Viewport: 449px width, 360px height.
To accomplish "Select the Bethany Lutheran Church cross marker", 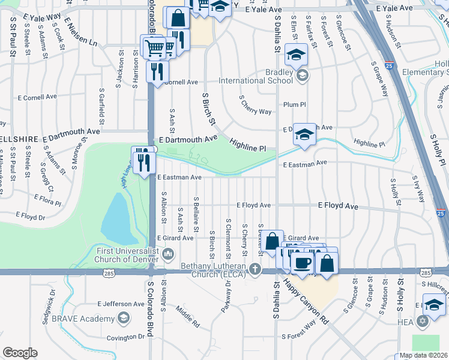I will tap(256, 268).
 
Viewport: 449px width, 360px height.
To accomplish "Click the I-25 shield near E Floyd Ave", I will tap(441, 213).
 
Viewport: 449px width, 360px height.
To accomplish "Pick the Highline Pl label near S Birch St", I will tap(247, 144).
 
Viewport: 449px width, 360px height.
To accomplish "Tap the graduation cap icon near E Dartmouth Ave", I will tap(304, 135).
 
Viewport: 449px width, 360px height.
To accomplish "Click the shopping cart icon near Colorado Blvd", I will tap(154, 46).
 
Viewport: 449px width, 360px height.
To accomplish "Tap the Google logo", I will tap(19, 353).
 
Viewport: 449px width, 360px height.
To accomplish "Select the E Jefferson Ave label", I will tap(121, 304).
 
